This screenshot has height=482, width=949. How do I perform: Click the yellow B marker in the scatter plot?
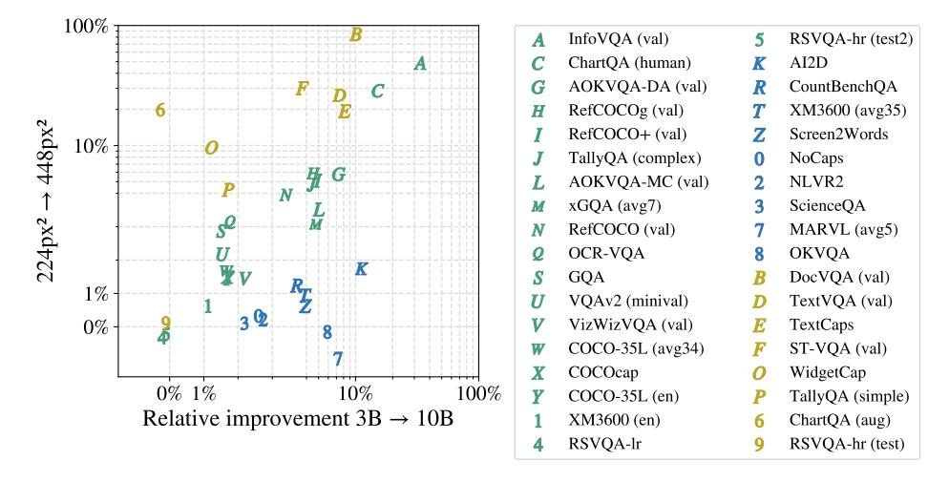click(355, 35)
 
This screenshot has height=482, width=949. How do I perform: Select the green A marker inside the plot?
click(420, 64)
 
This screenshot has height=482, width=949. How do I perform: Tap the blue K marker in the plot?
click(361, 269)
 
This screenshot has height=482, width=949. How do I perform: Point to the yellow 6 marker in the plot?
click(160, 110)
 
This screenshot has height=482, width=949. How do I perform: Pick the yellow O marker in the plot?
click(212, 148)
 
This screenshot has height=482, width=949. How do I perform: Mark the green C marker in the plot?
click(378, 92)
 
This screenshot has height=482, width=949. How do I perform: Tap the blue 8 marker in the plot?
click(327, 332)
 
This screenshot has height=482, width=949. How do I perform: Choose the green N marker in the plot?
click(285, 196)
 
